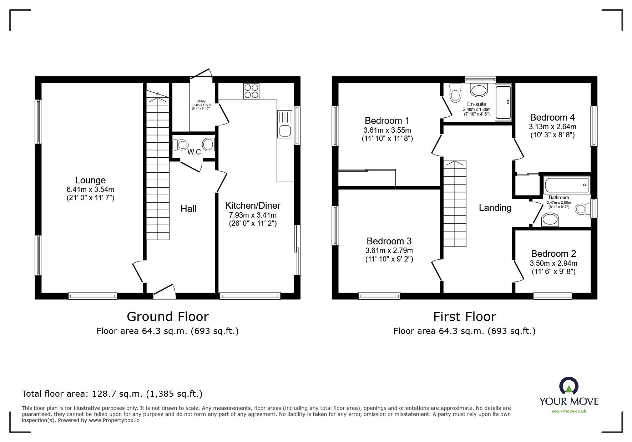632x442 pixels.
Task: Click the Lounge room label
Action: click(90, 180)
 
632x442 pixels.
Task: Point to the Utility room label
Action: click(201, 101)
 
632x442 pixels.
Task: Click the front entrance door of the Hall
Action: click(165, 291)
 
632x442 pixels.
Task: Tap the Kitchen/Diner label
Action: click(253, 205)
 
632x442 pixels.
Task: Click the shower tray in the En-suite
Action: click(504, 102)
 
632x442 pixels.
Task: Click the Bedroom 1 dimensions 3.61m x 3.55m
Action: click(387, 130)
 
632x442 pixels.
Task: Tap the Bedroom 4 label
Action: click(552, 117)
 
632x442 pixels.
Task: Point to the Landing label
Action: click(495, 208)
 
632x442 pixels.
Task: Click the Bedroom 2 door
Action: click(518, 271)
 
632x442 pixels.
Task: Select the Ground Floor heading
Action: click(168, 316)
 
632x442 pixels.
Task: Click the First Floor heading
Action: click(465, 316)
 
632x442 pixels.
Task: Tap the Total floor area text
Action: click(112, 394)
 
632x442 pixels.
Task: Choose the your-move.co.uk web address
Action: click(569, 411)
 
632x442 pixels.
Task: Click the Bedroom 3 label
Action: click(389, 241)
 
